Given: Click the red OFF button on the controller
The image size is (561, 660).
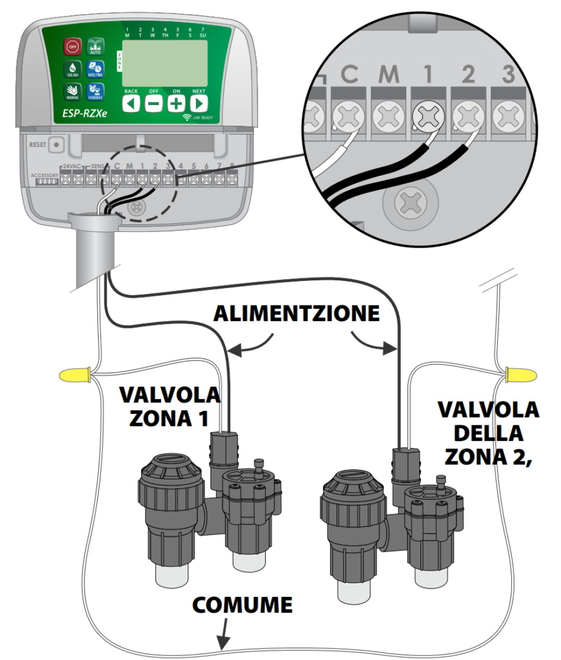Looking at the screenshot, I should point(72,46).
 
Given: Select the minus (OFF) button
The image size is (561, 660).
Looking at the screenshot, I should point(153,103).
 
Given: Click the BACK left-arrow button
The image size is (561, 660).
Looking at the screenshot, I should point(132,103).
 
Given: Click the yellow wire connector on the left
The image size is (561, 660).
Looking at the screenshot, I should point(74,374).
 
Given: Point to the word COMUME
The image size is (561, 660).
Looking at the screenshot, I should point(243,605).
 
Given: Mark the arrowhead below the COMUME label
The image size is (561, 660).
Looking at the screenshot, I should point(223,645).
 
